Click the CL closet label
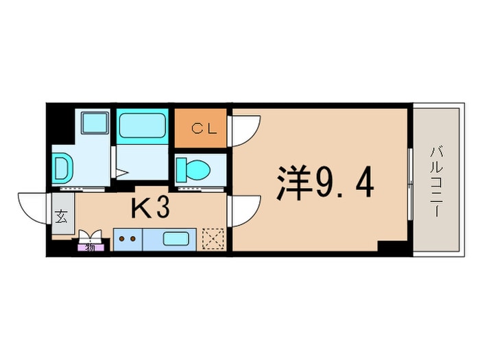coord(204,129)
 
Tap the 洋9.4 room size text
coord(325,183)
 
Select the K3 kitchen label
coord(150,208)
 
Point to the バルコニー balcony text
coord(436,182)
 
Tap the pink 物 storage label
coord(90,248)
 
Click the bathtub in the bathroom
coord(143,125)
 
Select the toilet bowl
coord(193,169)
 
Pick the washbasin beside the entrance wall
coord(63,169)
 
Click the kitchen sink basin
coord(176,239)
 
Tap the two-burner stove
coord(128,239)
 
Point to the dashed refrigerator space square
coord(213,239)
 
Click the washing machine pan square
coord(95,123)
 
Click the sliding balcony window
coord(410,184)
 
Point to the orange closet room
coord(200,128)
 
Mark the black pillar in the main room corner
coord(392,246)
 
